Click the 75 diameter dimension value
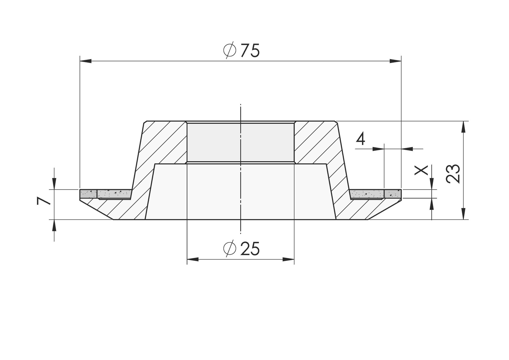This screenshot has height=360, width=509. (x=250, y=50)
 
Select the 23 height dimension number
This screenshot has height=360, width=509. (x=453, y=173)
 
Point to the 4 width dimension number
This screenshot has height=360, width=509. (x=360, y=139)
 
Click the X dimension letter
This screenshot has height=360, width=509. (x=421, y=170)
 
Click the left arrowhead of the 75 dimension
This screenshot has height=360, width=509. (x=86, y=61)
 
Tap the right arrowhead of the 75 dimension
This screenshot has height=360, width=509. (x=395, y=61)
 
